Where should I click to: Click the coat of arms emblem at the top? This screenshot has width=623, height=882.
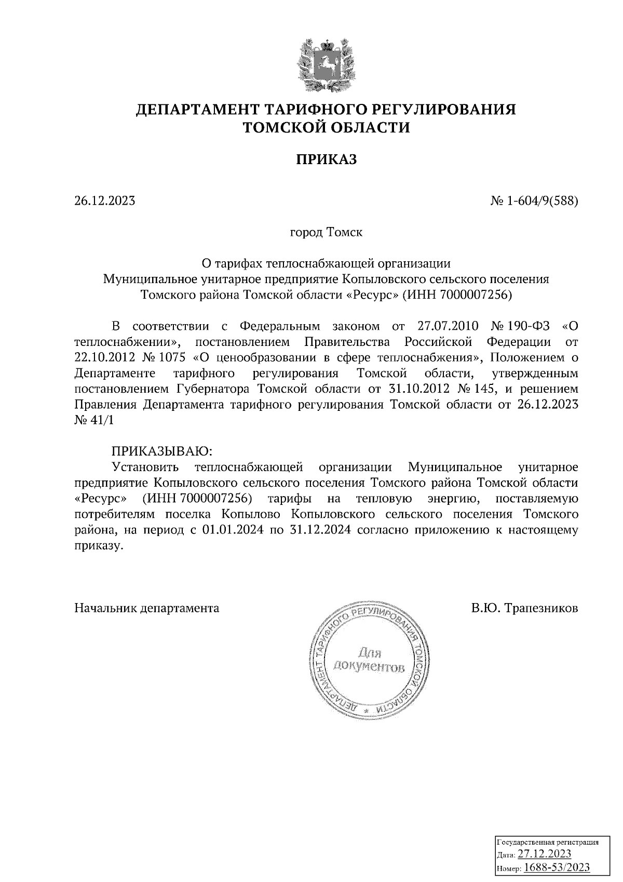click(x=327, y=65)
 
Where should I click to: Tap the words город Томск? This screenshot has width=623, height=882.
click(x=326, y=232)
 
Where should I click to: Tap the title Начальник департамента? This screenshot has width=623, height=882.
click(x=147, y=608)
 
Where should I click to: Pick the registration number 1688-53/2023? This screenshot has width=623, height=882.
click(x=557, y=867)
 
